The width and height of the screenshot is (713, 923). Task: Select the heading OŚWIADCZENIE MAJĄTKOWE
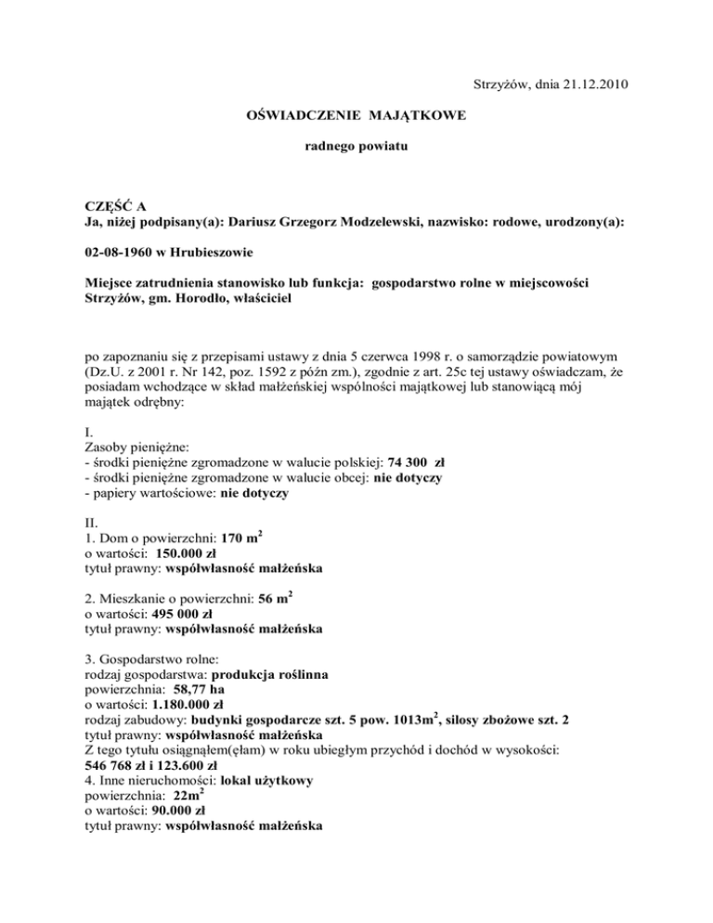(356, 117)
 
